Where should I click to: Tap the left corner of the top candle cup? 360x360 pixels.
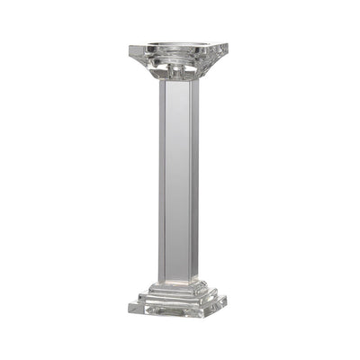click(x=131, y=47)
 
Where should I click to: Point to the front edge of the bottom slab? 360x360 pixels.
click(x=178, y=314)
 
